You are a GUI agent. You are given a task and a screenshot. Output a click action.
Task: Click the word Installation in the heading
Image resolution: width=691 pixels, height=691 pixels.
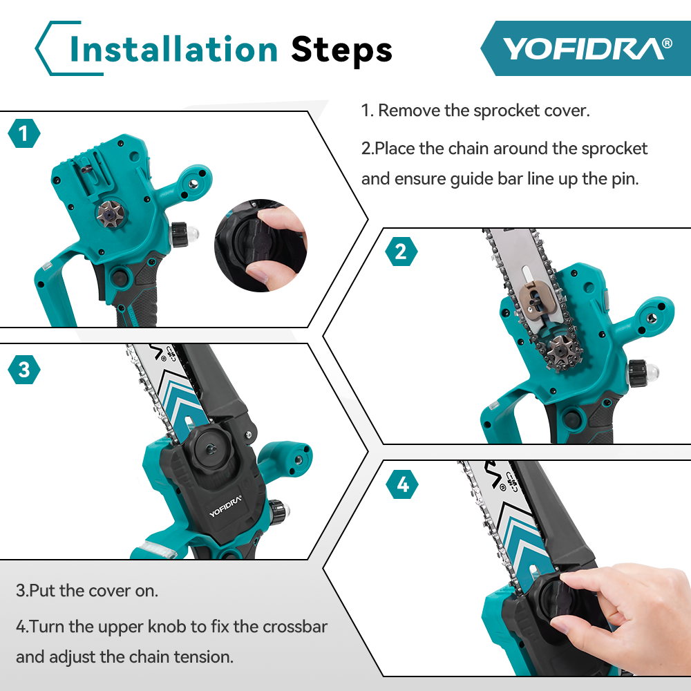tap(173, 49)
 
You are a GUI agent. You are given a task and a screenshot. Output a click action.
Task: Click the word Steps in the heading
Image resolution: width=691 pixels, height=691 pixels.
tap(341, 49)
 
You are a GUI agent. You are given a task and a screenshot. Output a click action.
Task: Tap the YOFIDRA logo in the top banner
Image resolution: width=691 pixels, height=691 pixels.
tap(586, 48)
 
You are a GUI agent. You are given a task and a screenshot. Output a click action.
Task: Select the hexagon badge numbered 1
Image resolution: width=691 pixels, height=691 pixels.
tap(24, 133)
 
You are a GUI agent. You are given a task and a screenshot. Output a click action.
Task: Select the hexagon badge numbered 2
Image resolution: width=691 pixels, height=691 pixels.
tap(401, 251)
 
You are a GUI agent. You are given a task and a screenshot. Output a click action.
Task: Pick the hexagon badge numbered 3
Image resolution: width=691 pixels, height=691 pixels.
tap(24, 370)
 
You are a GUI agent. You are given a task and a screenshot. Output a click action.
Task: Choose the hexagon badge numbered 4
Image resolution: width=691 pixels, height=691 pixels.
tap(403, 485)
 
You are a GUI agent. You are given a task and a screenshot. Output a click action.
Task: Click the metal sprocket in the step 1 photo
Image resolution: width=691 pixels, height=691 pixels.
tap(109, 216)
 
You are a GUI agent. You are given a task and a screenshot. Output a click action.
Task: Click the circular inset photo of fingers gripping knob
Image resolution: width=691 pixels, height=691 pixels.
tap(261, 247)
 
